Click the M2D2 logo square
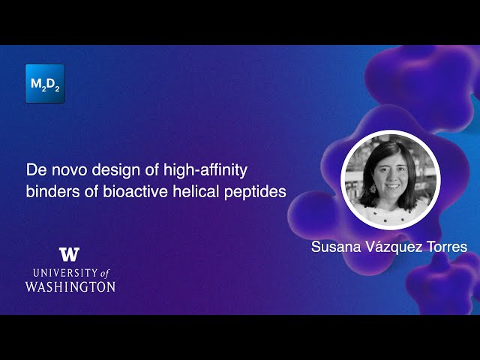click(x=44, y=83)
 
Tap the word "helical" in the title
click(x=193, y=190)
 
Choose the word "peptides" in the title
click(x=255, y=191)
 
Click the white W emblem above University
click(x=69, y=254)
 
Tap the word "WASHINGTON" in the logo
click(x=70, y=286)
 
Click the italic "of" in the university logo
click(x=105, y=272)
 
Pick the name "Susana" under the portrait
click(x=336, y=247)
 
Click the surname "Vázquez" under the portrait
click(x=394, y=247)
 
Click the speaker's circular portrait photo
click(x=390, y=179)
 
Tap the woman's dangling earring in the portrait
click(x=371, y=190)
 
